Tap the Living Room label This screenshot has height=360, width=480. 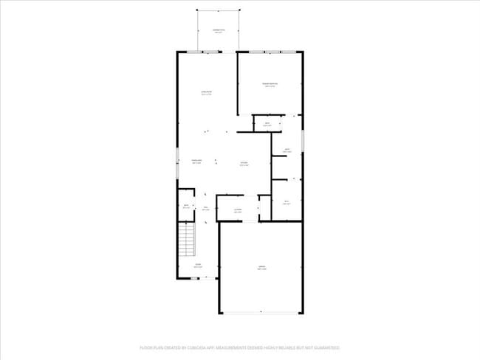coord(207,93)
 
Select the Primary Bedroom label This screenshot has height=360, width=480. coord(270,85)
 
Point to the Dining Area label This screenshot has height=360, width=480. coord(197,161)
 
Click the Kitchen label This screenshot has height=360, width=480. coord(244,164)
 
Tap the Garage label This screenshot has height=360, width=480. coord(261,268)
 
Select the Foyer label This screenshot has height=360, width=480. coord(198,265)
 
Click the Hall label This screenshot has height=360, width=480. coord(207,209)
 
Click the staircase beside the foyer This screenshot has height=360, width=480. coord(187,239)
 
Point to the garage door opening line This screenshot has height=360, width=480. coord(261,314)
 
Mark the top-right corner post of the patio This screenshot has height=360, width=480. coord(240,10)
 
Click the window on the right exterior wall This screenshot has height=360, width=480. coord(303,140)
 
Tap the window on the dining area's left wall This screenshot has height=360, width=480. coord(176,162)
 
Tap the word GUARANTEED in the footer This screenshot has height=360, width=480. coord(324,347)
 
